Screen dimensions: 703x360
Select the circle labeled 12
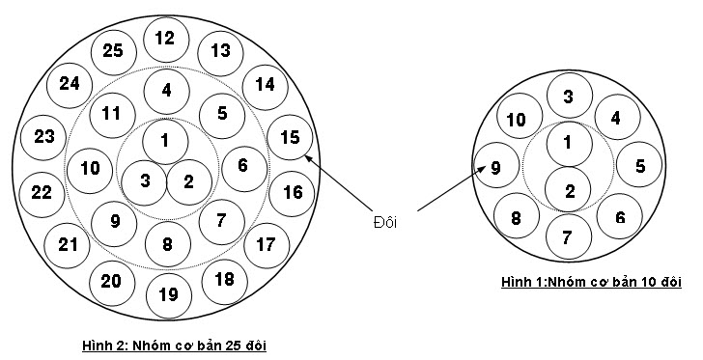(166, 40)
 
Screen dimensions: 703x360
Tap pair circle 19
(169, 296)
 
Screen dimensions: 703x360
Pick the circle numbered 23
(43, 138)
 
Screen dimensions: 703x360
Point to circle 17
(267, 246)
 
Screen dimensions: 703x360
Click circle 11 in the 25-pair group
(112, 115)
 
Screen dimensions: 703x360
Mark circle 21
(67, 246)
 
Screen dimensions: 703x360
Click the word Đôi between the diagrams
(385, 222)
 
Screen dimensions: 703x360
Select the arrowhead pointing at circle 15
(309, 158)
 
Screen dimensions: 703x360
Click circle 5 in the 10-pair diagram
(639, 164)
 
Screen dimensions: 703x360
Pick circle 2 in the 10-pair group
(568, 189)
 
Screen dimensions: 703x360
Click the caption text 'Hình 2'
(102, 346)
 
